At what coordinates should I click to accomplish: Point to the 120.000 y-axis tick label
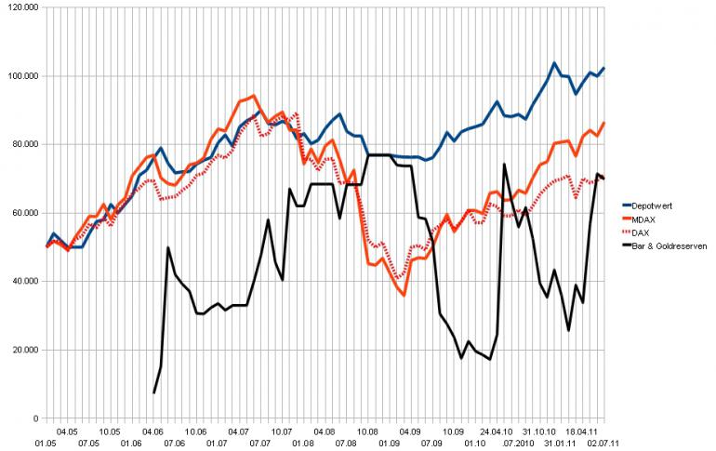pyautogui.click(x=20, y=7)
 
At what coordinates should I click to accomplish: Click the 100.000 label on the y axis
pyautogui.click(x=20, y=76)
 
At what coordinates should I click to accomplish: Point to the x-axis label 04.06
pyautogui.click(x=152, y=431)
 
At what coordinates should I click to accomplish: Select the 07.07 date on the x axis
pyautogui.click(x=260, y=444)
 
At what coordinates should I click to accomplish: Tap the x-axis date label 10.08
pyautogui.click(x=367, y=431)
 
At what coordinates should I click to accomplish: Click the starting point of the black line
pyautogui.click(x=154, y=393)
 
